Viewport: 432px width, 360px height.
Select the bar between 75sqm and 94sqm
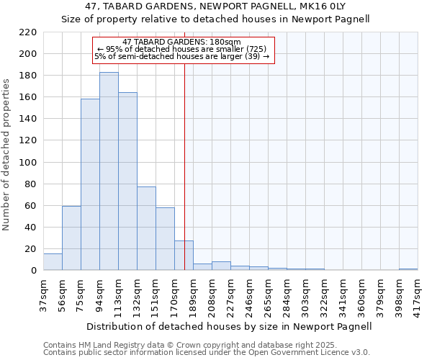(90, 184)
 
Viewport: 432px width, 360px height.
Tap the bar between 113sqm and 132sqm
(127, 181)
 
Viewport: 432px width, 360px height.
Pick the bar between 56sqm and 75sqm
(71, 238)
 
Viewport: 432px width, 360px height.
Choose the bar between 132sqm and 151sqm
(146, 228)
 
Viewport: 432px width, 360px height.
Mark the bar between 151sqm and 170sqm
(165, 239)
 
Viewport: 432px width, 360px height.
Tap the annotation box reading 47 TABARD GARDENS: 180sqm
(184, 50)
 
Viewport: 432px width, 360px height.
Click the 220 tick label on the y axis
(28, 32)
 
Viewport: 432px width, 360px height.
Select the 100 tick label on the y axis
(28, 163)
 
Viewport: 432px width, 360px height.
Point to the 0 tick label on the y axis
(33, 271)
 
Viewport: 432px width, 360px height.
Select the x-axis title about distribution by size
(229, 327)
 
